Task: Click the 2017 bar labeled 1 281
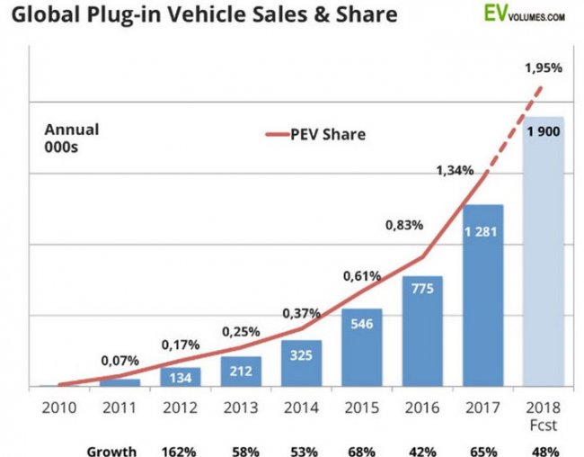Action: pos(482,297)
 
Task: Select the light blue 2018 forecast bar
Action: pos(543,252)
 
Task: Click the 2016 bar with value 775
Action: pos(421,331)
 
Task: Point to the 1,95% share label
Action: pos(544,69)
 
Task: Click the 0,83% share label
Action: pos(404,225)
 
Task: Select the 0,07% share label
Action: pos(119,361)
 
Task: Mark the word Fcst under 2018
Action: pos(543,423)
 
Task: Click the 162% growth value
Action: pos(179,450)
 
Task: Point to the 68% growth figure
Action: pos(360,450)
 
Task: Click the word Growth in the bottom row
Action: pos(111,450)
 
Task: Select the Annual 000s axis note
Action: pos(72,138)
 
